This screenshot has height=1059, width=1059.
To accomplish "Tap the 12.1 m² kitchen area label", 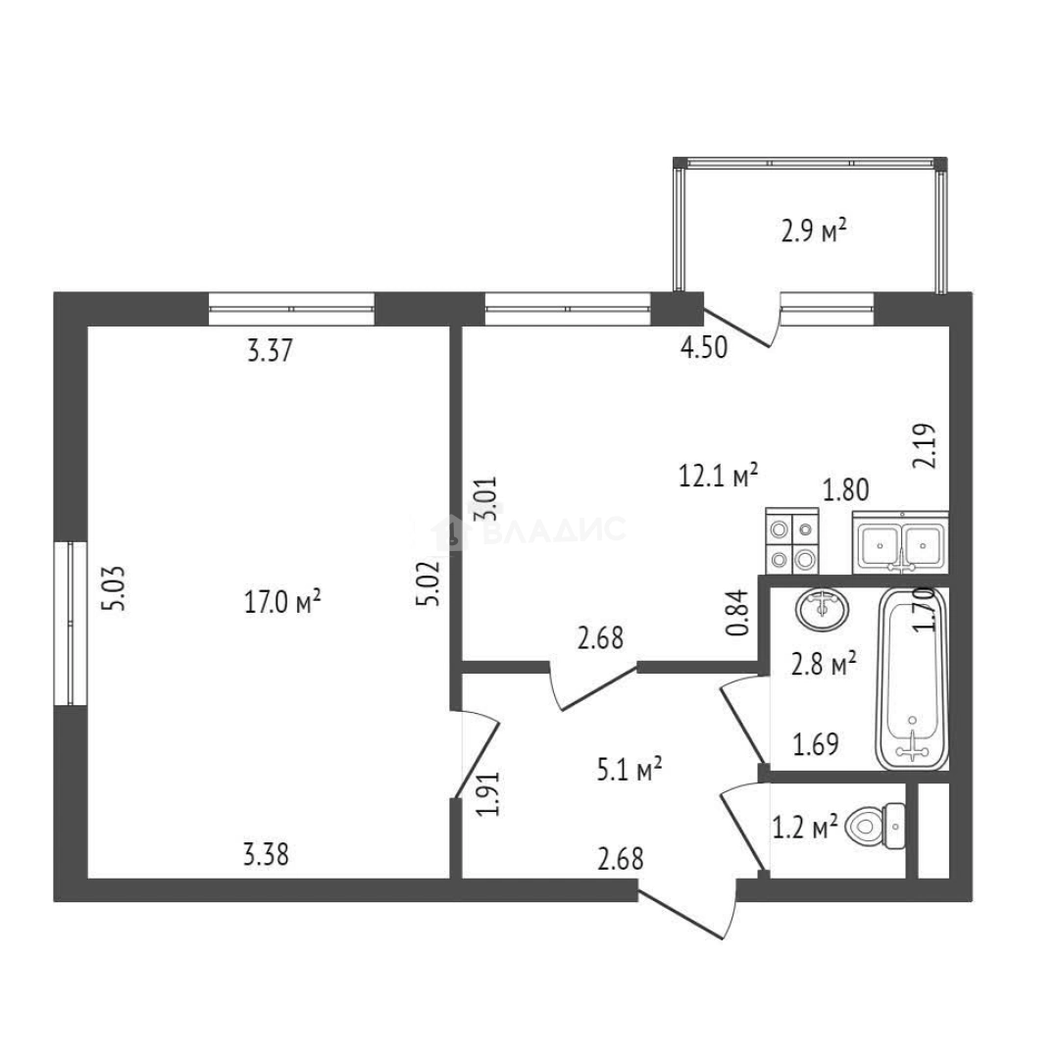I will click(x=720, y=477).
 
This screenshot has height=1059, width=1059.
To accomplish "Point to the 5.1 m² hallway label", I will click(x=630, y=770).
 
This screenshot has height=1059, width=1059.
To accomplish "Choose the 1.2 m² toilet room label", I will click(x=805, y=829).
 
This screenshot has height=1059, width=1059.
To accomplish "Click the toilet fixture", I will click(x=876, y=827).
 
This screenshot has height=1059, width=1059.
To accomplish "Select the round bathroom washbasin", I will click(x=822, y=609).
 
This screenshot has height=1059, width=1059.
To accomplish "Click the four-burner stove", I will click(x=791, y=543).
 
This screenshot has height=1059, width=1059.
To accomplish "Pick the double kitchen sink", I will click(x=901, y=542).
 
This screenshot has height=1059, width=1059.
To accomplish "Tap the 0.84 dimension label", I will click(x=740, y=612).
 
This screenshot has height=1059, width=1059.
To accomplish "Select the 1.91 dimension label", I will click(x=492, y=794).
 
